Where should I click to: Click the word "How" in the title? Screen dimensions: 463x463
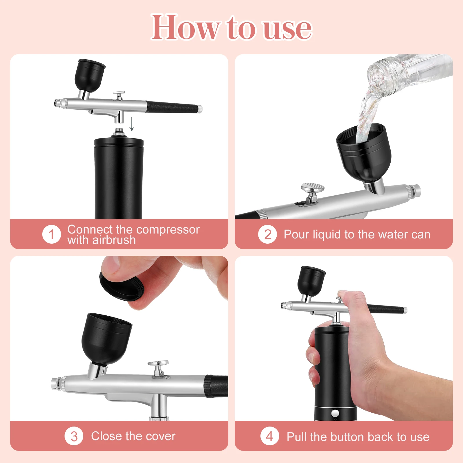(x=185, y=28)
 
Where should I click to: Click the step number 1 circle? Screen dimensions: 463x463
(x=52, y=234)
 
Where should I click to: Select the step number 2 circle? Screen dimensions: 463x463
(x=268, y=234)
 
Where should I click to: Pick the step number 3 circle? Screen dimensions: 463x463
(x=74, y=436)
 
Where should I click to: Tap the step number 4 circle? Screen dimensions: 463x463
(x=270, y=436)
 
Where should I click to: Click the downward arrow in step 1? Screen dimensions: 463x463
(x=132, y=124)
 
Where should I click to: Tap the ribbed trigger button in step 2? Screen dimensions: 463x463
(x=313, y=188)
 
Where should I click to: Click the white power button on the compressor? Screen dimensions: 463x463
(x=335, y=413)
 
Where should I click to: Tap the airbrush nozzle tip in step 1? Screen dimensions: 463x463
(x=56, y=103)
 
